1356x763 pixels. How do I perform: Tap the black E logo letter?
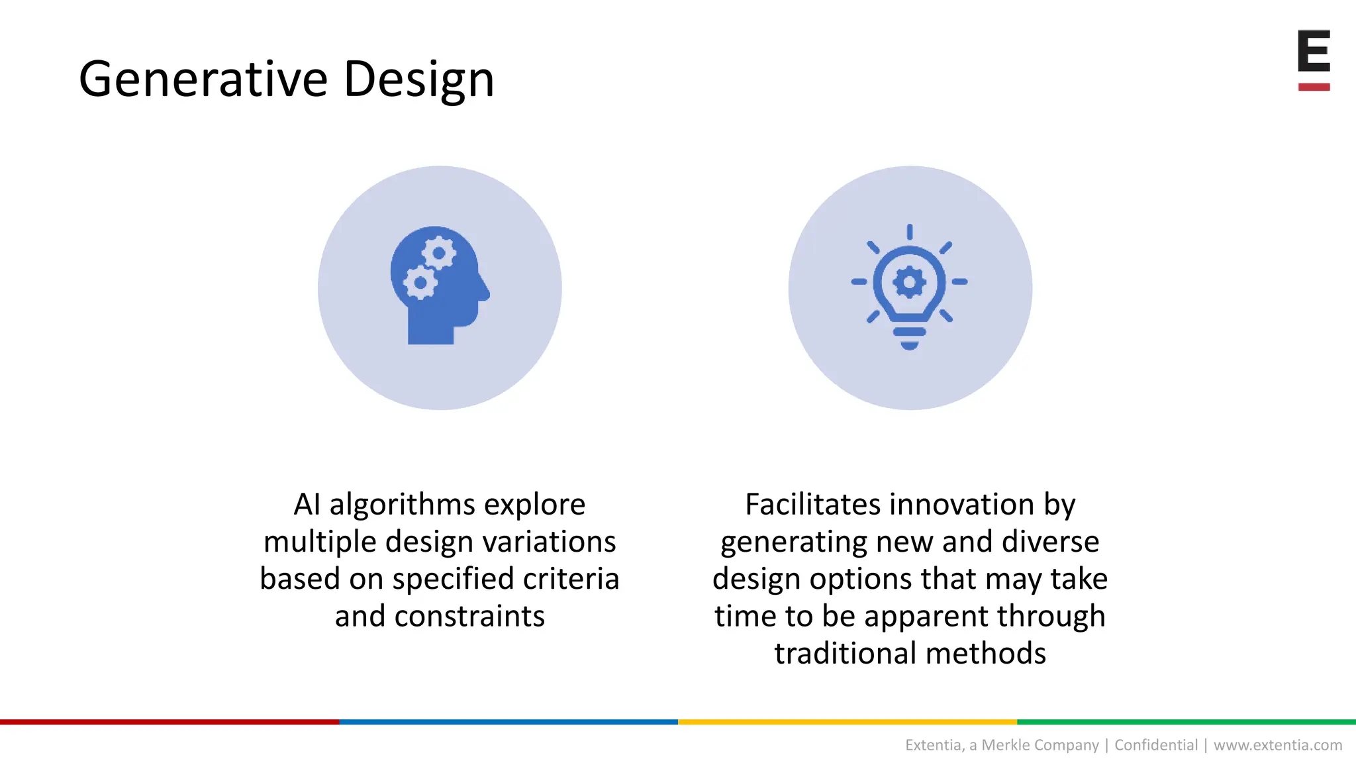pyautogui.click(x=1314, y=51)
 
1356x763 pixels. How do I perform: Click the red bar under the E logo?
pyautogui.click(x=1314, y=87)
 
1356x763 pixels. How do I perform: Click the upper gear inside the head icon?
pyautogui.click(x=438, y=253)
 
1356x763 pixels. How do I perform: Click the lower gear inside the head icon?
pyautogui.click(x=420, y=283)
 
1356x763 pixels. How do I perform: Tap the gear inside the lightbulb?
pyautogui.click(x=910, y=283)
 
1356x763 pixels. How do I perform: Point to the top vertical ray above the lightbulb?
pyautogui.click(x=910, y=232)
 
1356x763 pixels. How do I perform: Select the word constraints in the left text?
pyautogui.click(x=469, y=617)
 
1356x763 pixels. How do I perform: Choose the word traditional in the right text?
pyautogui.click(x=846, y=654)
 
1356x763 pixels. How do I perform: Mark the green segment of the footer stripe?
pyautogui.click(x=1186, y=722)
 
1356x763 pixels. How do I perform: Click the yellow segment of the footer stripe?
pyautogui.click(x=847, y=722)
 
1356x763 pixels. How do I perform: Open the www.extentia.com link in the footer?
pyautogui.click(x=1277, y=745)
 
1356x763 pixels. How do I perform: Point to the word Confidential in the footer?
pyautogui.click(x=1156, y=745)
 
